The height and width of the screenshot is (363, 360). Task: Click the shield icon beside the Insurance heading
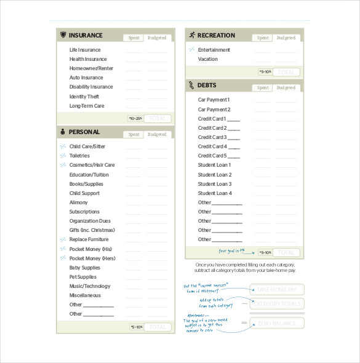click(x=63, y=35)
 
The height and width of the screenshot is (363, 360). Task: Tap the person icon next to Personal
click(x=63, y=132)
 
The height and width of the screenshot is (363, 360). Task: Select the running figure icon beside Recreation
click(x=192, y=35)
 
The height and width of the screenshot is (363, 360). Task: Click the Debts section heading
click(x=207, y=85)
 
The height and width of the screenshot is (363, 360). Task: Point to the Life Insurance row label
click(x=85, y=50)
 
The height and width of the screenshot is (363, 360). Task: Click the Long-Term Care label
click(x=87, y=106)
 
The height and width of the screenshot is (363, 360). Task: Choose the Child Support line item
click(x=85, y=193)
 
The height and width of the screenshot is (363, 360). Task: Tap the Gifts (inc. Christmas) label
click(x=92, y=230)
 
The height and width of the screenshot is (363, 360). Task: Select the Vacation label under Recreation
click(x=207, y=59)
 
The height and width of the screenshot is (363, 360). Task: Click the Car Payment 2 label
click(x=214, y=110)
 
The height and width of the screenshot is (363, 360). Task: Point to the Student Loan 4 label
click(x=214, y=193)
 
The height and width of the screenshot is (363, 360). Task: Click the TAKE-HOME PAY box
click(x=276, y=290)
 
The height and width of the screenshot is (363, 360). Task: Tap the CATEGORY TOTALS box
click(x=276, y=304)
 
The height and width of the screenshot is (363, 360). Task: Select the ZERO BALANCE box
click(x=276, y=324)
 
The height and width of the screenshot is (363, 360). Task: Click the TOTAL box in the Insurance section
click(x=158, y=118)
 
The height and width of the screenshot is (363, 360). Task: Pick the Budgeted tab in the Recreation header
click(x=286, y=38)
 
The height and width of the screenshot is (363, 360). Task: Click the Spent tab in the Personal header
click(x=134, y=134)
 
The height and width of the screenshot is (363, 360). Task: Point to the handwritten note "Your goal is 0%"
click(x=231, y=251)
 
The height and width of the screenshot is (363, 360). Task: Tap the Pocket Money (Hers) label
click(x=92, y=258)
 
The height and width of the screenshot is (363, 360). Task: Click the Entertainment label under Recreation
click(x=214, y=50)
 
